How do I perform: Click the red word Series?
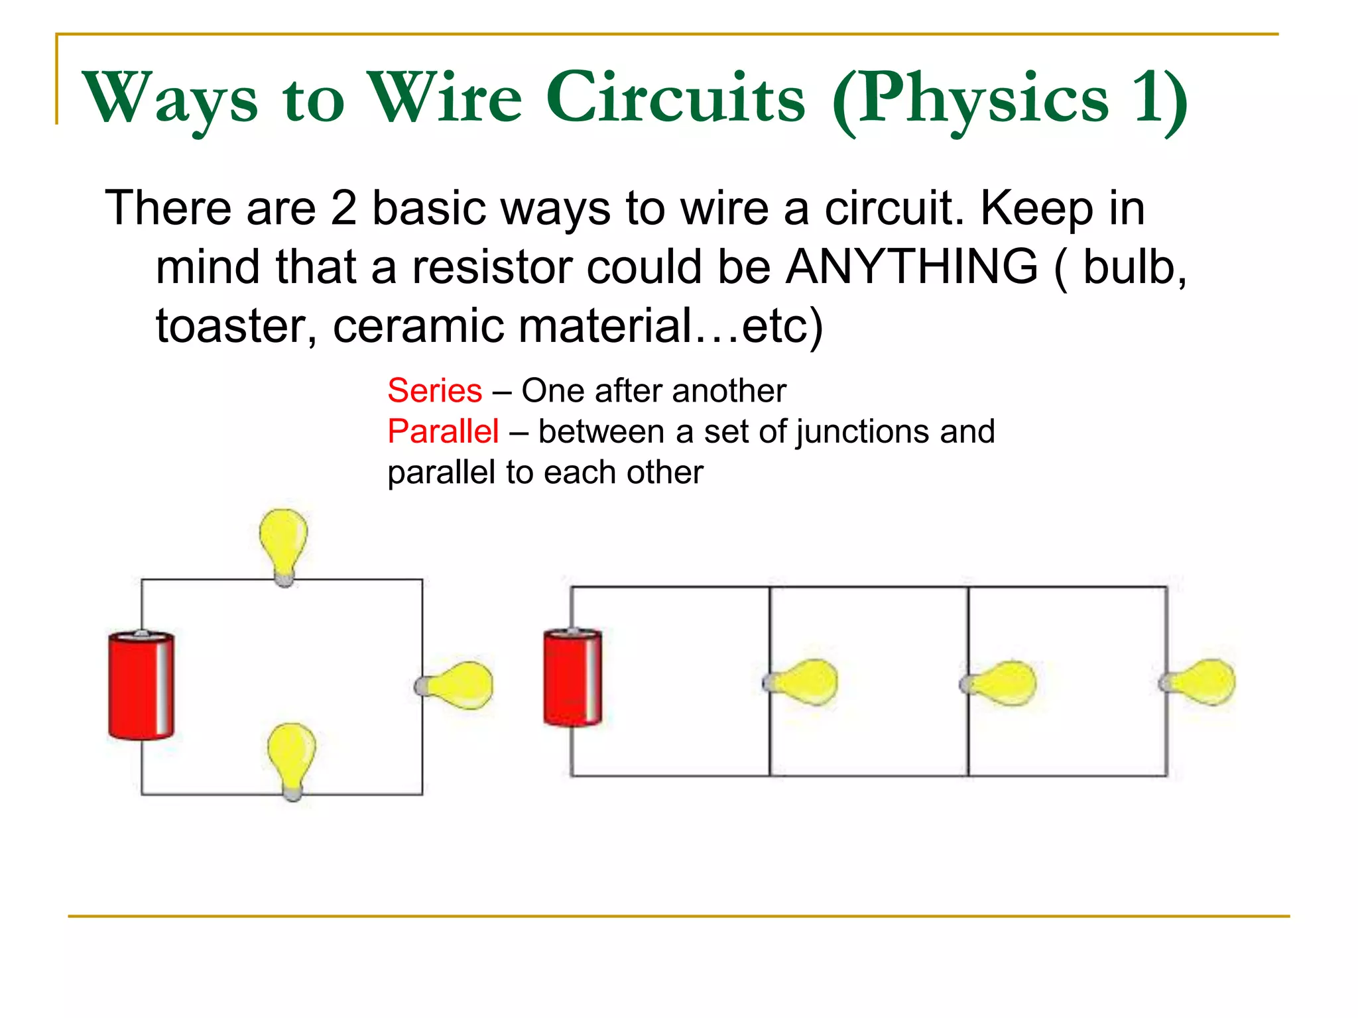(x=434, y=390)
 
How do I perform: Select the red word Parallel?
(x=443, y=431)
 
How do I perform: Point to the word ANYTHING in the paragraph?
(x=912, y=266)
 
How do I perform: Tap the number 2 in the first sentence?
(x=343, y=208)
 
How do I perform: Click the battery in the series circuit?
(x=141, y=685)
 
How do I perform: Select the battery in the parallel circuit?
(x=572, y=677)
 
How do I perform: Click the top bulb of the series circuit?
(x=284, y=543)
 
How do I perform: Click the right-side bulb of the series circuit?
(x=459, y=685)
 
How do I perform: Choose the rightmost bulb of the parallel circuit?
(x=1202, y=682)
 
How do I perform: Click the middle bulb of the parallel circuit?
(x=1002, y=683)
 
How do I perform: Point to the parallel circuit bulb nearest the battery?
(x=804, y=682)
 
